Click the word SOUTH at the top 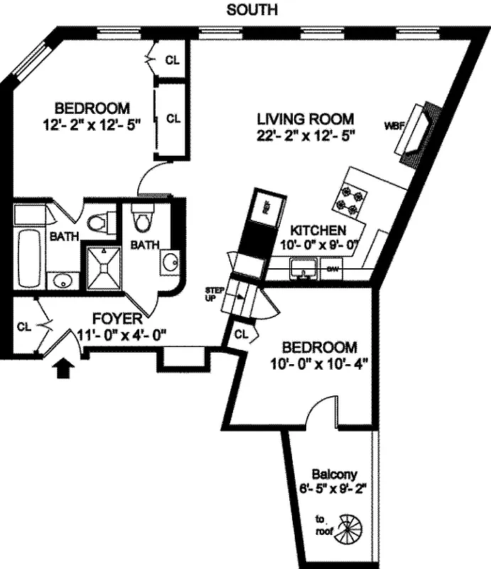pyautogui.click(x=252, y=10)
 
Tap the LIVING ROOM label pyautogui.click(x=306, y=119)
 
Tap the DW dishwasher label pyautogui.click(x=332, y=269)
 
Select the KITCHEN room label pyautogui.click(x=318, y=230)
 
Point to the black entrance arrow pyautogui.click(x=64, y=366)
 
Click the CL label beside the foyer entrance pyautogui.click(x=25, y=327)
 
